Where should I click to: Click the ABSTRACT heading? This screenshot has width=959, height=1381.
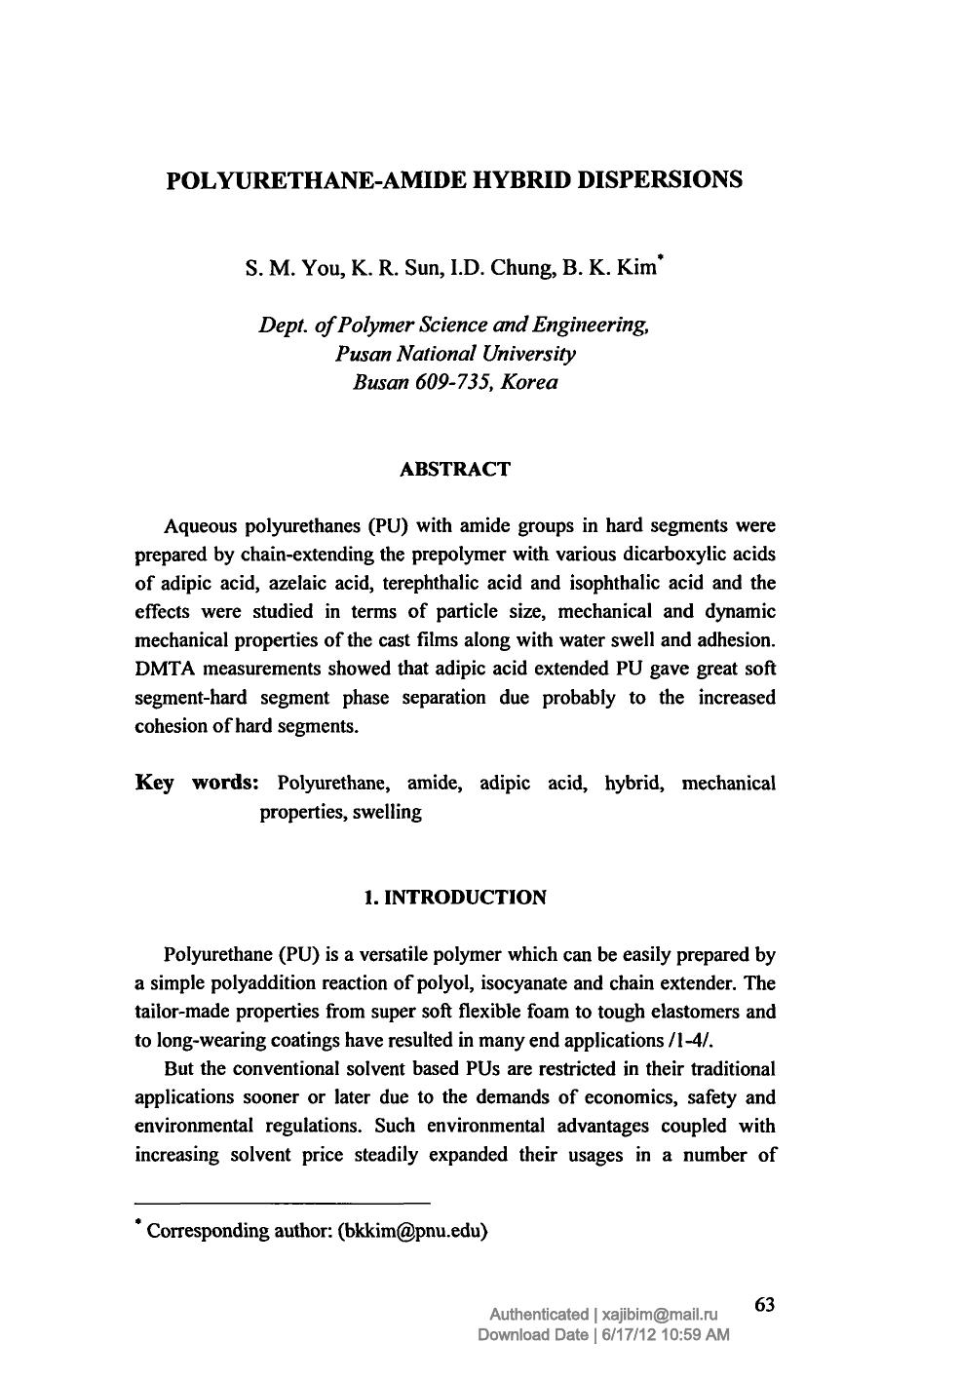pos(455,470)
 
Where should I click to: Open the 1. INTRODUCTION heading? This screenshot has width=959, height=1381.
pos(454,898)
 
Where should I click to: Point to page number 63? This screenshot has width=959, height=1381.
pos(764,1304)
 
